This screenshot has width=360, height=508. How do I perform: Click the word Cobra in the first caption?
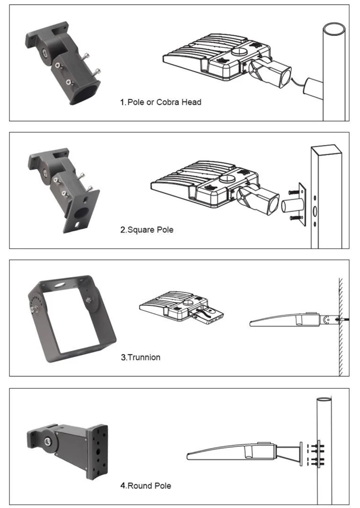coord(167,102)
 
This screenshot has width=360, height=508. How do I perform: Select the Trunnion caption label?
coord(141,357)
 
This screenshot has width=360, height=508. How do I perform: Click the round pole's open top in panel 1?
coord(334,29)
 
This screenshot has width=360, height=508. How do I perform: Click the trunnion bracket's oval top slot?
coord(59,285)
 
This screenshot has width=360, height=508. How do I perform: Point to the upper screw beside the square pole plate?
coord(294,192)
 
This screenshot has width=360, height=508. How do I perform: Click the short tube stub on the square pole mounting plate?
coord(292,205)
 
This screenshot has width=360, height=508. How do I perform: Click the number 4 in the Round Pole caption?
coord(123,486)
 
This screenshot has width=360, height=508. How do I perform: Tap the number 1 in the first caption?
coord(122,102)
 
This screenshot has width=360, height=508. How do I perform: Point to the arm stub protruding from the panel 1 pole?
coord(313,86)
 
